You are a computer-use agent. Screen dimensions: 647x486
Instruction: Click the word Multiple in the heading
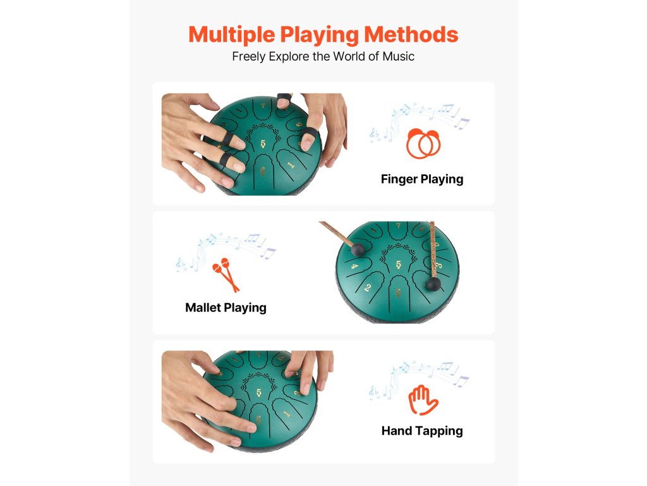231,35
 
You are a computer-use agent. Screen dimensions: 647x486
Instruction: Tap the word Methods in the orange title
411,34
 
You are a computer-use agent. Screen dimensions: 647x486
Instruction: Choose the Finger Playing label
421,179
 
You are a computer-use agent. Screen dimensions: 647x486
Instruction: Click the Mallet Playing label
226,308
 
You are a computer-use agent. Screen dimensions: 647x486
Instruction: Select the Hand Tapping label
421,431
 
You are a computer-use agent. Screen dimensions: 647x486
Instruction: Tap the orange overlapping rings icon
424,143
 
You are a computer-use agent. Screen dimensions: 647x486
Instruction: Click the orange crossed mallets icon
226,274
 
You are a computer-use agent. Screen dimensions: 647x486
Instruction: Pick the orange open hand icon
423,400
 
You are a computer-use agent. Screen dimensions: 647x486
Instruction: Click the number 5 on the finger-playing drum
263,144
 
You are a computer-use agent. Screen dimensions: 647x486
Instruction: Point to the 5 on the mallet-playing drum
398,265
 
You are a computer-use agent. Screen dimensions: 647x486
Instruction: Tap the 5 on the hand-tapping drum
258,392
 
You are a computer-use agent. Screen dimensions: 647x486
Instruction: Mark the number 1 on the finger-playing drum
291,165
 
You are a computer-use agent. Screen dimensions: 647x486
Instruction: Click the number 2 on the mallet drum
368,288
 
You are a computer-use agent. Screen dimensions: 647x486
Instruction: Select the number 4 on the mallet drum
354,266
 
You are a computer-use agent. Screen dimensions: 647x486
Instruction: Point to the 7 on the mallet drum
398,226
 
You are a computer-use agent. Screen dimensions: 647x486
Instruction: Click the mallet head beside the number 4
358,249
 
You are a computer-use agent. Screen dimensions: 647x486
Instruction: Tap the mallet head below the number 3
433,284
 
